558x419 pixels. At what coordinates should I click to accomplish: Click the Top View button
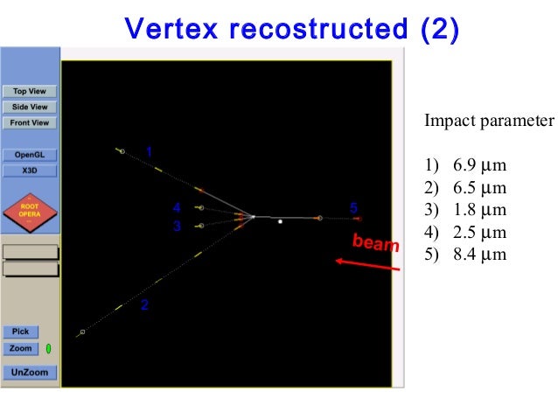point(30,91)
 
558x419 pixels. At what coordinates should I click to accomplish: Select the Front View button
point(30,122)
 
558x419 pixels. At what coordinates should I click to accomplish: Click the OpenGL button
point(30,155)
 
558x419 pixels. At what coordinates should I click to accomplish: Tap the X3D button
point(30,171)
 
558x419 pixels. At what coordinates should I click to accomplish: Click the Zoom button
point(21,348)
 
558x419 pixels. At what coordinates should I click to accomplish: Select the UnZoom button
point(30,373)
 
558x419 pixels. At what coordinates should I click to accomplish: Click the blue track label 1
point(150,151)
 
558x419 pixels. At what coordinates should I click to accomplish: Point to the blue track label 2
point(144,305)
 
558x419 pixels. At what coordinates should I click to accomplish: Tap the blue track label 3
point(177,226)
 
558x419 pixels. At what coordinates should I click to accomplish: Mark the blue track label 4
point(177,207)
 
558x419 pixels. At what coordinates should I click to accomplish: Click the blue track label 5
point(353,207)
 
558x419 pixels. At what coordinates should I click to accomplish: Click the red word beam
point(375,242)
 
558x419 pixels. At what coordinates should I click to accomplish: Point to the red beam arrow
point(368,263)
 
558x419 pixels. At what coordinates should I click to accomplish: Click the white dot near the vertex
point(280,221)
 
